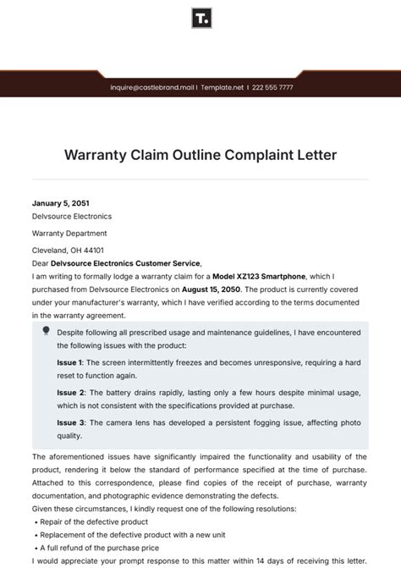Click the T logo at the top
point(200,19)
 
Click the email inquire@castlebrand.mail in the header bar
point(152,87)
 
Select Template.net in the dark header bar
point(222,87)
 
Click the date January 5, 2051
point(60,203)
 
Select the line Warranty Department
point(69,233)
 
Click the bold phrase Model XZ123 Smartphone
point(257,275)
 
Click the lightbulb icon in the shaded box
point(45,331)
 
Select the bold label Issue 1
point(70,362)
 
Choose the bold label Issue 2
point(70,393)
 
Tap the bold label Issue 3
point(70,422)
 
